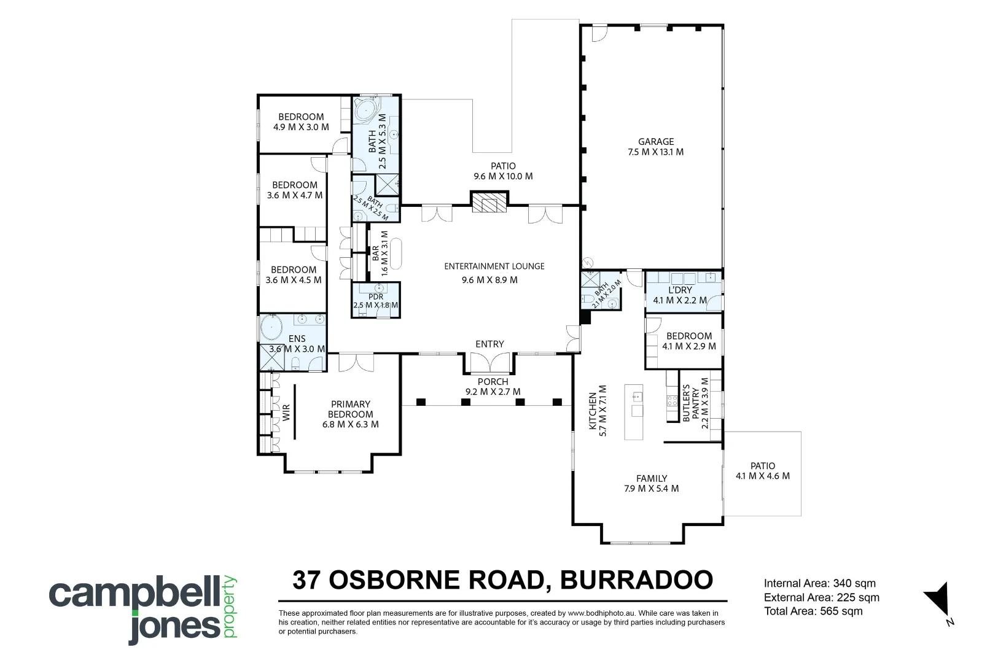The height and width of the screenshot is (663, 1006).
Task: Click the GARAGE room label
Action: click(656, 142)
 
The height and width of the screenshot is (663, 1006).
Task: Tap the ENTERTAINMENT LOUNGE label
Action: click(494, 266)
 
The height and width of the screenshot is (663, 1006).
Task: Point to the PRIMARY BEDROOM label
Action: click(350, 409)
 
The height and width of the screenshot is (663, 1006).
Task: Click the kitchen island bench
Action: click(634, 412)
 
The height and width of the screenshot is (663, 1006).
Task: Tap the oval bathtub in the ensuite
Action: click(271, 327)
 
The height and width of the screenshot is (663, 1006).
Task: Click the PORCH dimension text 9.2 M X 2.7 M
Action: click(493, 392)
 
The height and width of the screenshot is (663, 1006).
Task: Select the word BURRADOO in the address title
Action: click(636, 580)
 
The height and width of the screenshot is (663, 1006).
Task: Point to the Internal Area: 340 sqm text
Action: click(820, 583)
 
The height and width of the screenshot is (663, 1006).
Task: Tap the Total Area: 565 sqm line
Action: click(813, 611)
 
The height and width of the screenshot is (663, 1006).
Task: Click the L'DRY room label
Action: click(680, 290)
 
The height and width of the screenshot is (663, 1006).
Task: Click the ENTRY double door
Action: click(489, 363)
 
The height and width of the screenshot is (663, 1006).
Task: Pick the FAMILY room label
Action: click(651, 478)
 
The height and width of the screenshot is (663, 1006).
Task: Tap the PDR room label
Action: click(376, 297)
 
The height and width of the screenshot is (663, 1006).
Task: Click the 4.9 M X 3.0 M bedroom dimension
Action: click(301, 127)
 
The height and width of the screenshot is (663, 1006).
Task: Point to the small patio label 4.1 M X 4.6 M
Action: click(763, 476)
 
